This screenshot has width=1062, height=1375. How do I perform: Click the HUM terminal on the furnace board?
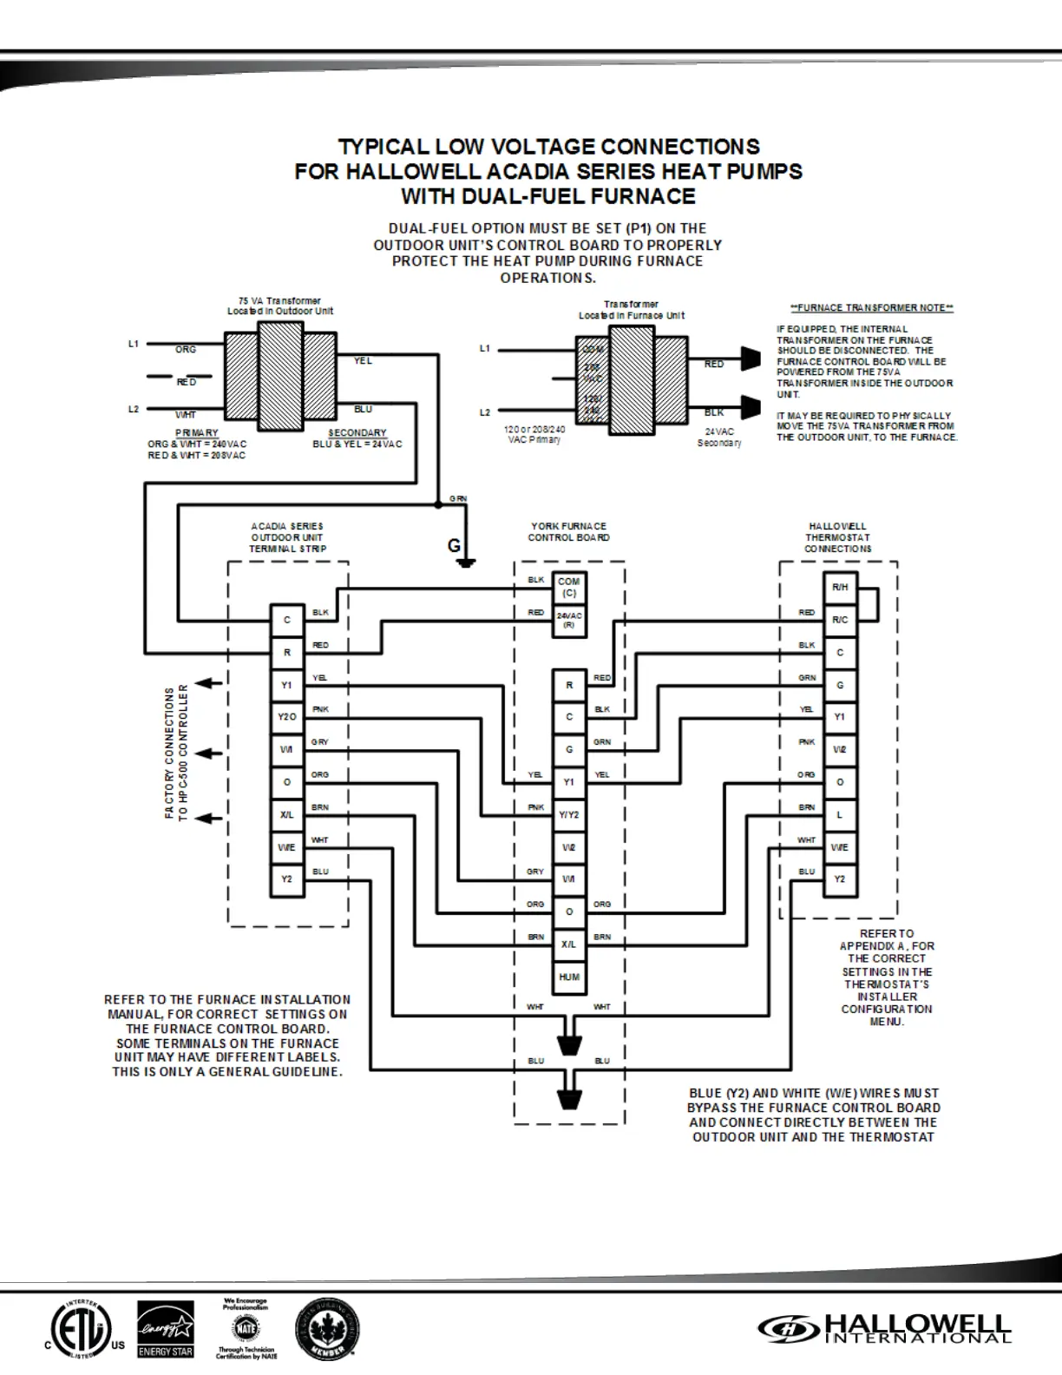coord(569,977)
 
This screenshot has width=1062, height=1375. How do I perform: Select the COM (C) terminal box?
coord(568,588)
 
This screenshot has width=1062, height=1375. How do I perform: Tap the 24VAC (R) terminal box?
coord(568,620)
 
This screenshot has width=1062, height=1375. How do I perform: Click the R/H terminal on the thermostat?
coord(839,588)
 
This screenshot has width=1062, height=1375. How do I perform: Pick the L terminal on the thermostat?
coord(839,815)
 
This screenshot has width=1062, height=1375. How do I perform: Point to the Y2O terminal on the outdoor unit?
coord(286,717)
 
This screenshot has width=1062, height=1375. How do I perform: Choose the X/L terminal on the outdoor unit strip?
coord(286,815)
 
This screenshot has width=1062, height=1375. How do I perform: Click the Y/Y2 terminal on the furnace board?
coord(569,815)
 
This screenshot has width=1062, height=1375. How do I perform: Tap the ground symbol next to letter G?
coord(467,562)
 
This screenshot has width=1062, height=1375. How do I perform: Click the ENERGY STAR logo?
coord(166,1329)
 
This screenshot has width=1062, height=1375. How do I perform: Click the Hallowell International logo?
coord(884,1328)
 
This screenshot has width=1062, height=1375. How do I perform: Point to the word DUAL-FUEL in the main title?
coord(519,196)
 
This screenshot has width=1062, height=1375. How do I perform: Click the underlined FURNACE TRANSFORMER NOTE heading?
coord(871,308)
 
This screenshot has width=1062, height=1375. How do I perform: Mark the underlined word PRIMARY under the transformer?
coord(197,432)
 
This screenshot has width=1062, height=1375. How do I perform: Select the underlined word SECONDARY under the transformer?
coord(357,432)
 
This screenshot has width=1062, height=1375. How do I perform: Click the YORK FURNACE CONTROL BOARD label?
coord(569,532)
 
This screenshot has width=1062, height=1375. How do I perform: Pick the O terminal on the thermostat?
coord(839,782)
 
